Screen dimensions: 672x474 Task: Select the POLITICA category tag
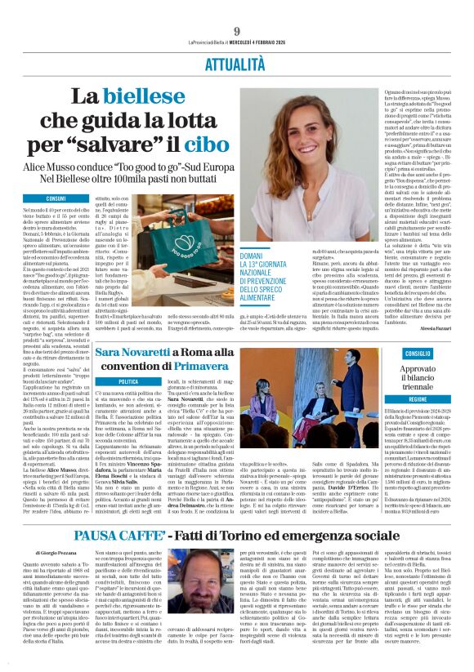(128, 381)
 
